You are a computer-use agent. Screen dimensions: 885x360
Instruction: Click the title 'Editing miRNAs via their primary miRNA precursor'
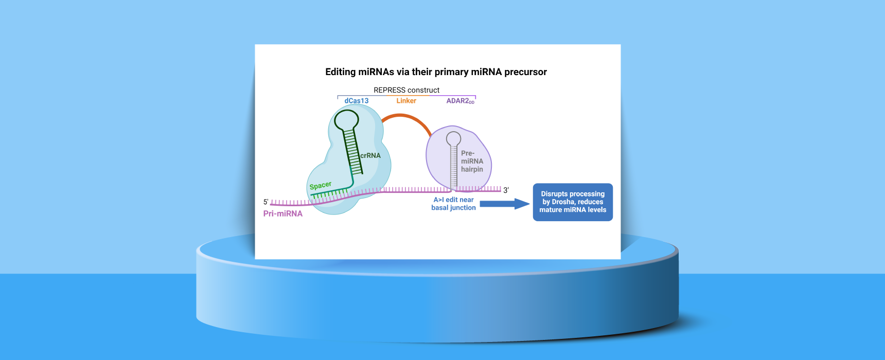click(436, 72)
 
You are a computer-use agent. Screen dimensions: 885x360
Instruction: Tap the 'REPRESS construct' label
click(406, 90)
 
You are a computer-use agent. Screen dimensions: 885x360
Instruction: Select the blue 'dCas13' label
click(357, 101)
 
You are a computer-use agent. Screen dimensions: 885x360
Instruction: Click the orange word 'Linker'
click(406, 101)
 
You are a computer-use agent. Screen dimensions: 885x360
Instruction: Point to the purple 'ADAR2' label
click(460, 101)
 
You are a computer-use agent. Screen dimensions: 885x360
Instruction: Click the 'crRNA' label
click(370, 155)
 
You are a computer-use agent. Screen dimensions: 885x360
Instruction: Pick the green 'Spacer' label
click(321, 185)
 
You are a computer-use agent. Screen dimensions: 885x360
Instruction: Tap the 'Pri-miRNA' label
click(283, 213)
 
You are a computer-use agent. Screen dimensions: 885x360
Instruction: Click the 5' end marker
click(266, 202)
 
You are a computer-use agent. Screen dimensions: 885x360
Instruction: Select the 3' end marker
click(506, 190)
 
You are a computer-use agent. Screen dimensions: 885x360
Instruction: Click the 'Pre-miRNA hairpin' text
click(472, 161)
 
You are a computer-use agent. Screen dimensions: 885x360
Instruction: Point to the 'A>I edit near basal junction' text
click(453, 204)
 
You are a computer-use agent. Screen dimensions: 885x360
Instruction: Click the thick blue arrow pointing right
click(505, 204)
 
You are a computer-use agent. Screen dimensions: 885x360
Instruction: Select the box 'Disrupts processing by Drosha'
click(573, 202)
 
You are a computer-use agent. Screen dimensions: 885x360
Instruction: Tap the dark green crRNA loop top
click(346, 120)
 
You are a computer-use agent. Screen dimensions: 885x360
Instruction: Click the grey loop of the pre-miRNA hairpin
click(453, 138)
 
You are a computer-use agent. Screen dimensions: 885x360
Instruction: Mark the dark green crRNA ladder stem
click(353, 152)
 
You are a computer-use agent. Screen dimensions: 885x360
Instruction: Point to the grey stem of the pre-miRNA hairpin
click(453, 167)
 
